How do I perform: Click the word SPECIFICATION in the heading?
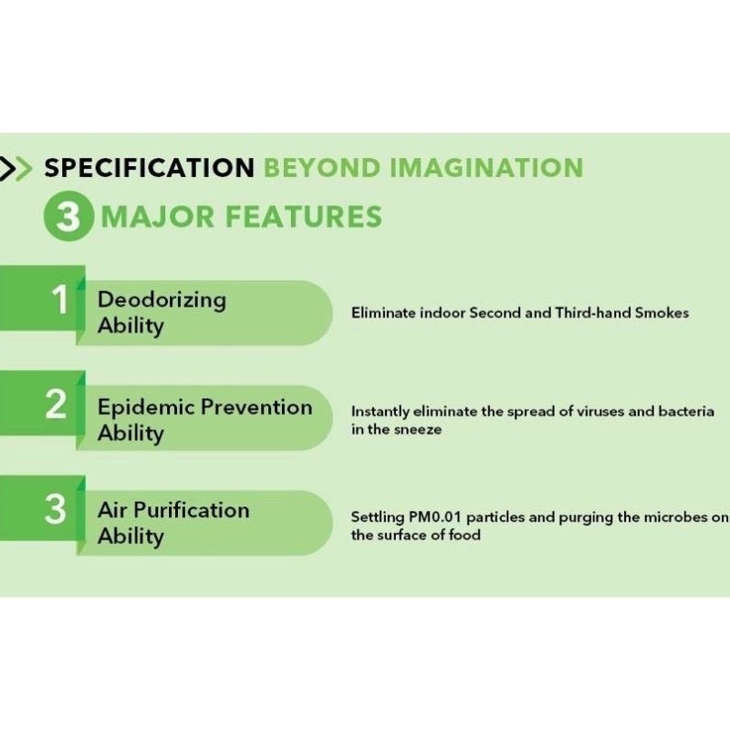(149, 168)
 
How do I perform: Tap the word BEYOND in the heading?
(322, 168)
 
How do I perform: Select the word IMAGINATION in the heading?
(486, 168)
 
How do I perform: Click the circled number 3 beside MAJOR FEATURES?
(68, 216)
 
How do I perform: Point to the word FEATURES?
(304, 216)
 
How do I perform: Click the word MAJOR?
(157, 217)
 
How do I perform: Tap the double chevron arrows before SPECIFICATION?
(16, 168)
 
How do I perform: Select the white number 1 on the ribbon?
(60, 299)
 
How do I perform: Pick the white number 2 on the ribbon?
(57, 403)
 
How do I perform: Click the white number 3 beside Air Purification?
(56, 509)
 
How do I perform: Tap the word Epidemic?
(146, 408)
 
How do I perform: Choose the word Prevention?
(256, 407)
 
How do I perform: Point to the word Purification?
(192, 510)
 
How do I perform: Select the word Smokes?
(662, 312)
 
